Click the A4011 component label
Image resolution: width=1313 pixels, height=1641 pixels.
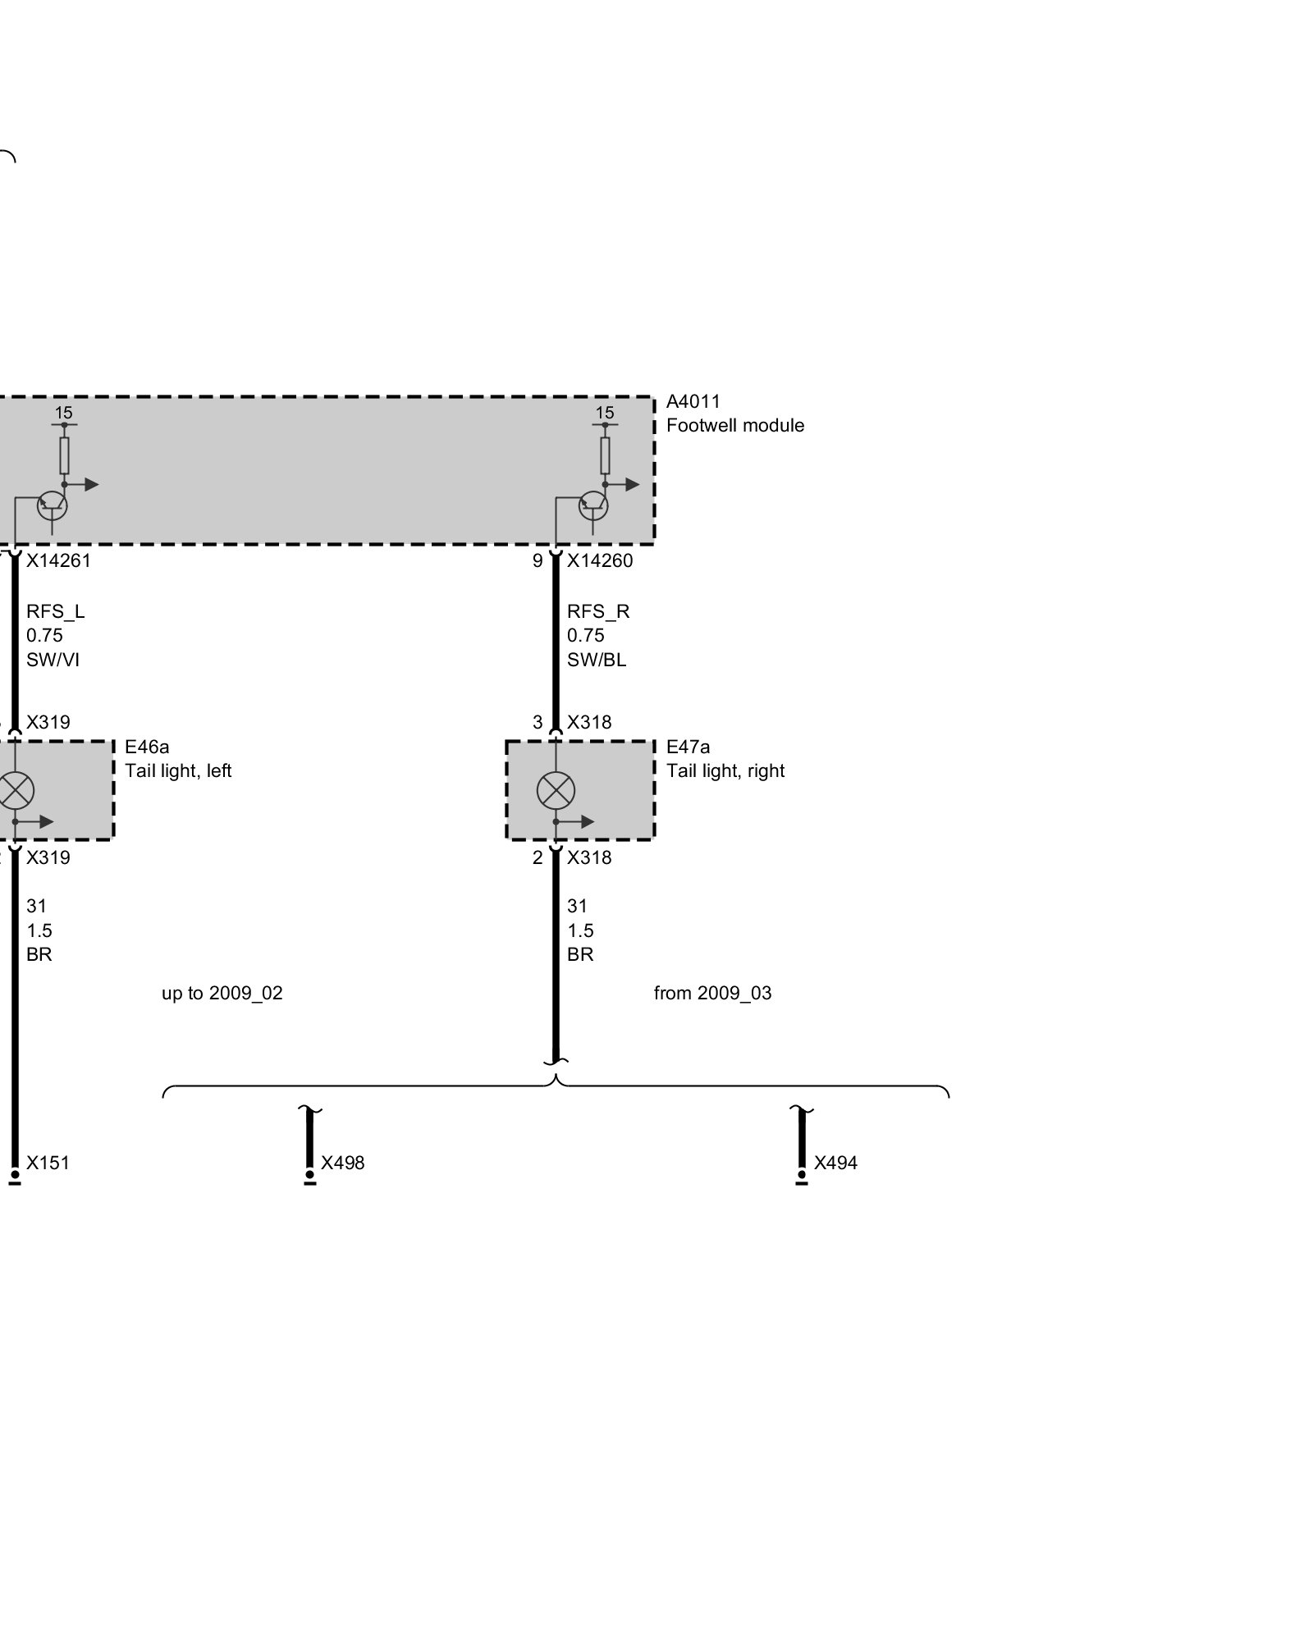(693, 401)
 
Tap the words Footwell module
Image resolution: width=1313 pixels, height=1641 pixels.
(735, 425)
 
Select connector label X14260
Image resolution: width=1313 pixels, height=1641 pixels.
(600, 560)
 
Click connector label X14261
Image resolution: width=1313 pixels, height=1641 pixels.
(58, 560)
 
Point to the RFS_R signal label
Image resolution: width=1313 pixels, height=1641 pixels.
(598, 612)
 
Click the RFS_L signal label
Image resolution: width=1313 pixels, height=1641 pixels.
(56, 612)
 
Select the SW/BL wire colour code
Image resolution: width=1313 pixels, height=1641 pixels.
(597, 660)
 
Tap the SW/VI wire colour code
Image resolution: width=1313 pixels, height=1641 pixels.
(53, 660)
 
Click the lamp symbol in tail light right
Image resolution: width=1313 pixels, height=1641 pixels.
(556, 791)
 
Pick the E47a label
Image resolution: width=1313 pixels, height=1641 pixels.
(689, 747)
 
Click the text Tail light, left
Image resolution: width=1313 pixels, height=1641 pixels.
(178, 771)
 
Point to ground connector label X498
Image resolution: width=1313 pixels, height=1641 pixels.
(343, 1163)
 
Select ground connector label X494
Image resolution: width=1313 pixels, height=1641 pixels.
(835, 1163)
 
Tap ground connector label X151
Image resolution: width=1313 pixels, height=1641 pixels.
(48, 1163)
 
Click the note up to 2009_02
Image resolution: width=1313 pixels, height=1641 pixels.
(222, 994)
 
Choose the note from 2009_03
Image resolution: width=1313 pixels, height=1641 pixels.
(713, 994)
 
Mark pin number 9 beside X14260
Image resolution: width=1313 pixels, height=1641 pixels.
(538, 560)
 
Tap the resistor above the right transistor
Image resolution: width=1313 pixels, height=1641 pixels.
(605, 455)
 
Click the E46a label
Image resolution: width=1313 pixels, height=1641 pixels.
(147, 747)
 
